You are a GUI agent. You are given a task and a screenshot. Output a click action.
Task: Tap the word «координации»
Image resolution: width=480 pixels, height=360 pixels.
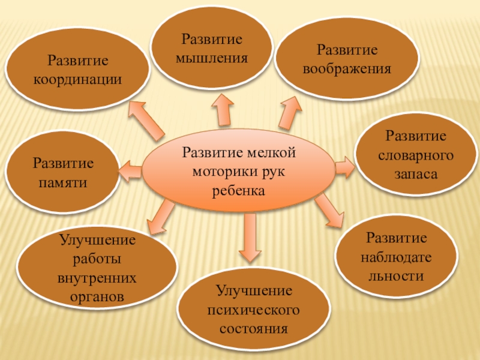pyautogui.click(x=78, y=79)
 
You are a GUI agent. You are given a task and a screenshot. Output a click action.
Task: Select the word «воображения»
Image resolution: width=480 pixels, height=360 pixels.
pyautogui.click(x=347, y=68)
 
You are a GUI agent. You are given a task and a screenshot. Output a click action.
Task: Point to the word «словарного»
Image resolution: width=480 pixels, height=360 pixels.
pyautogui.click(x=415, y=155)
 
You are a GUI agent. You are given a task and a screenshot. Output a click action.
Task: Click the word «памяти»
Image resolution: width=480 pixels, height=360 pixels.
pyautogui.click(x=63, y=182)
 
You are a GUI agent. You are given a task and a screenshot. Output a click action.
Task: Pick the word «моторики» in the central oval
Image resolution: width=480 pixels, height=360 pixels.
pyautogui.click(x=226, y=172)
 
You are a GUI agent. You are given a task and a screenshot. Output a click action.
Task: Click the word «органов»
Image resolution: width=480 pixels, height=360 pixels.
pyautogui.click(x=97, y=296)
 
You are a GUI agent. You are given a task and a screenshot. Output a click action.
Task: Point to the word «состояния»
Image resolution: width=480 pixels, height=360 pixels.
pyautogui.click(x=254, y=329)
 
